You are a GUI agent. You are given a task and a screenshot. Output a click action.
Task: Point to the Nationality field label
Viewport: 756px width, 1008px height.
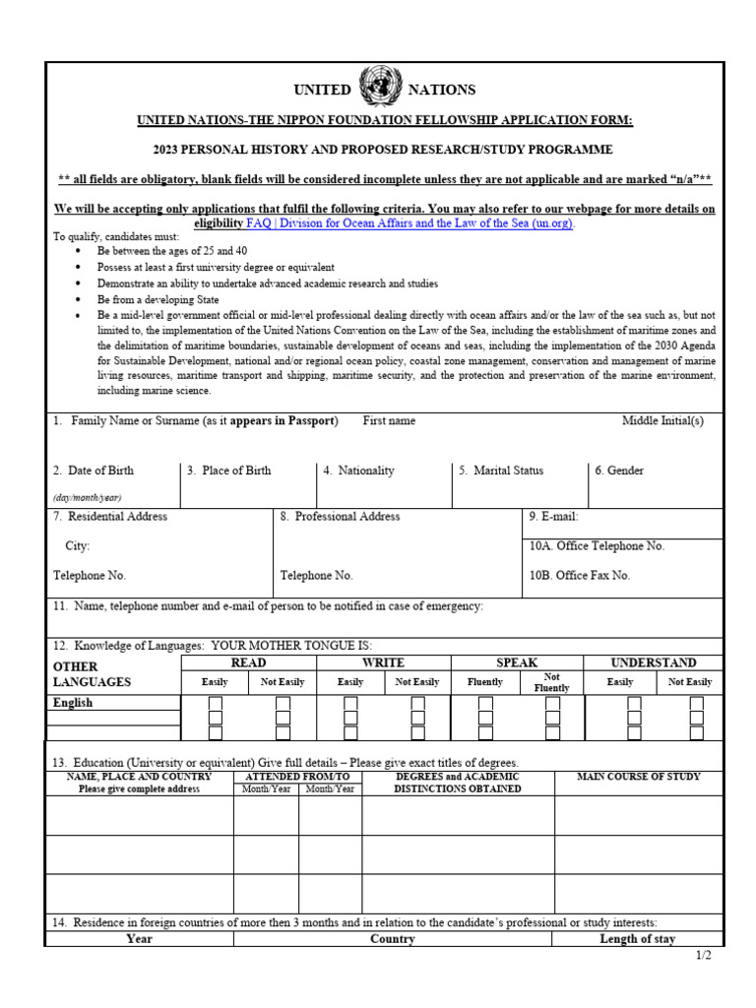[x=359, y=471]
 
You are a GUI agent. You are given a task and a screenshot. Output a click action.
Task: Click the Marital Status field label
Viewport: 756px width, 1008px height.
[x=501, y=471]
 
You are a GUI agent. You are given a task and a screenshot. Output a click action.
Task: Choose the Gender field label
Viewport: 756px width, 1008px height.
[x=619, y=471]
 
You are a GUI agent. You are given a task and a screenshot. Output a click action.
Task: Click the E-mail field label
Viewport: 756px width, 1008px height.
[x=554, y=516]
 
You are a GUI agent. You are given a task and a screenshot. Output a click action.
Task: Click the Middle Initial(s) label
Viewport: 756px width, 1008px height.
[x=662, y=420]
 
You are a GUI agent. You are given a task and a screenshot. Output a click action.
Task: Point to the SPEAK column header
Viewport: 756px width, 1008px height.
[x=517, y=663]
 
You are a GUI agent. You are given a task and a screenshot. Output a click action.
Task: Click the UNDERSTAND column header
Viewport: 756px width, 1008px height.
[x=654, y=663]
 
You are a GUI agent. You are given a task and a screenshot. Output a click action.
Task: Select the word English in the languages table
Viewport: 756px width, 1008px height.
[x=74, y=703]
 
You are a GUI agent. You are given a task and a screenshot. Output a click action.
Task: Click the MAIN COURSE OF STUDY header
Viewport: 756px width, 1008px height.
[x=639, y=777]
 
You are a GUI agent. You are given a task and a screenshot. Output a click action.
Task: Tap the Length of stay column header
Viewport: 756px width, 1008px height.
[x=638, y=939]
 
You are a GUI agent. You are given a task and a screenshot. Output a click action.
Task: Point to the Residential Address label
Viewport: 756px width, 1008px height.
[x=110, y=516]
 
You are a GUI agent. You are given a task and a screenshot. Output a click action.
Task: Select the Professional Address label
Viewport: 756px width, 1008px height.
[x=341, y=516]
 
